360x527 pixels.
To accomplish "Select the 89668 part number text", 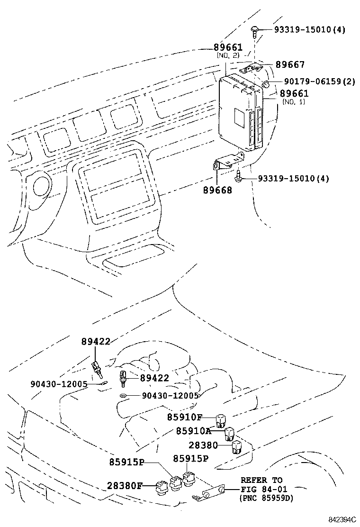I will (218, 190).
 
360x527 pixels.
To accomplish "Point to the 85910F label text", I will (185, 417).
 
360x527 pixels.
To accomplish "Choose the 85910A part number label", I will (193, 431).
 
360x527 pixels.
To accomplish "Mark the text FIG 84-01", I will (262, 489).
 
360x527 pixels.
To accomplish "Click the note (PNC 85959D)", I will (266, 498).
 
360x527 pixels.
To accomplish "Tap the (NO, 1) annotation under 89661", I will (294, 102).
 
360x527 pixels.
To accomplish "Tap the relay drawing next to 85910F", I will (220, 419).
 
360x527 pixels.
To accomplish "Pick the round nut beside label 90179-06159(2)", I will (266, 84).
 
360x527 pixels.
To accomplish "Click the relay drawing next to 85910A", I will (229, 433).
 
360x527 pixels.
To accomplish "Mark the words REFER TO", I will (261, 480).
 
